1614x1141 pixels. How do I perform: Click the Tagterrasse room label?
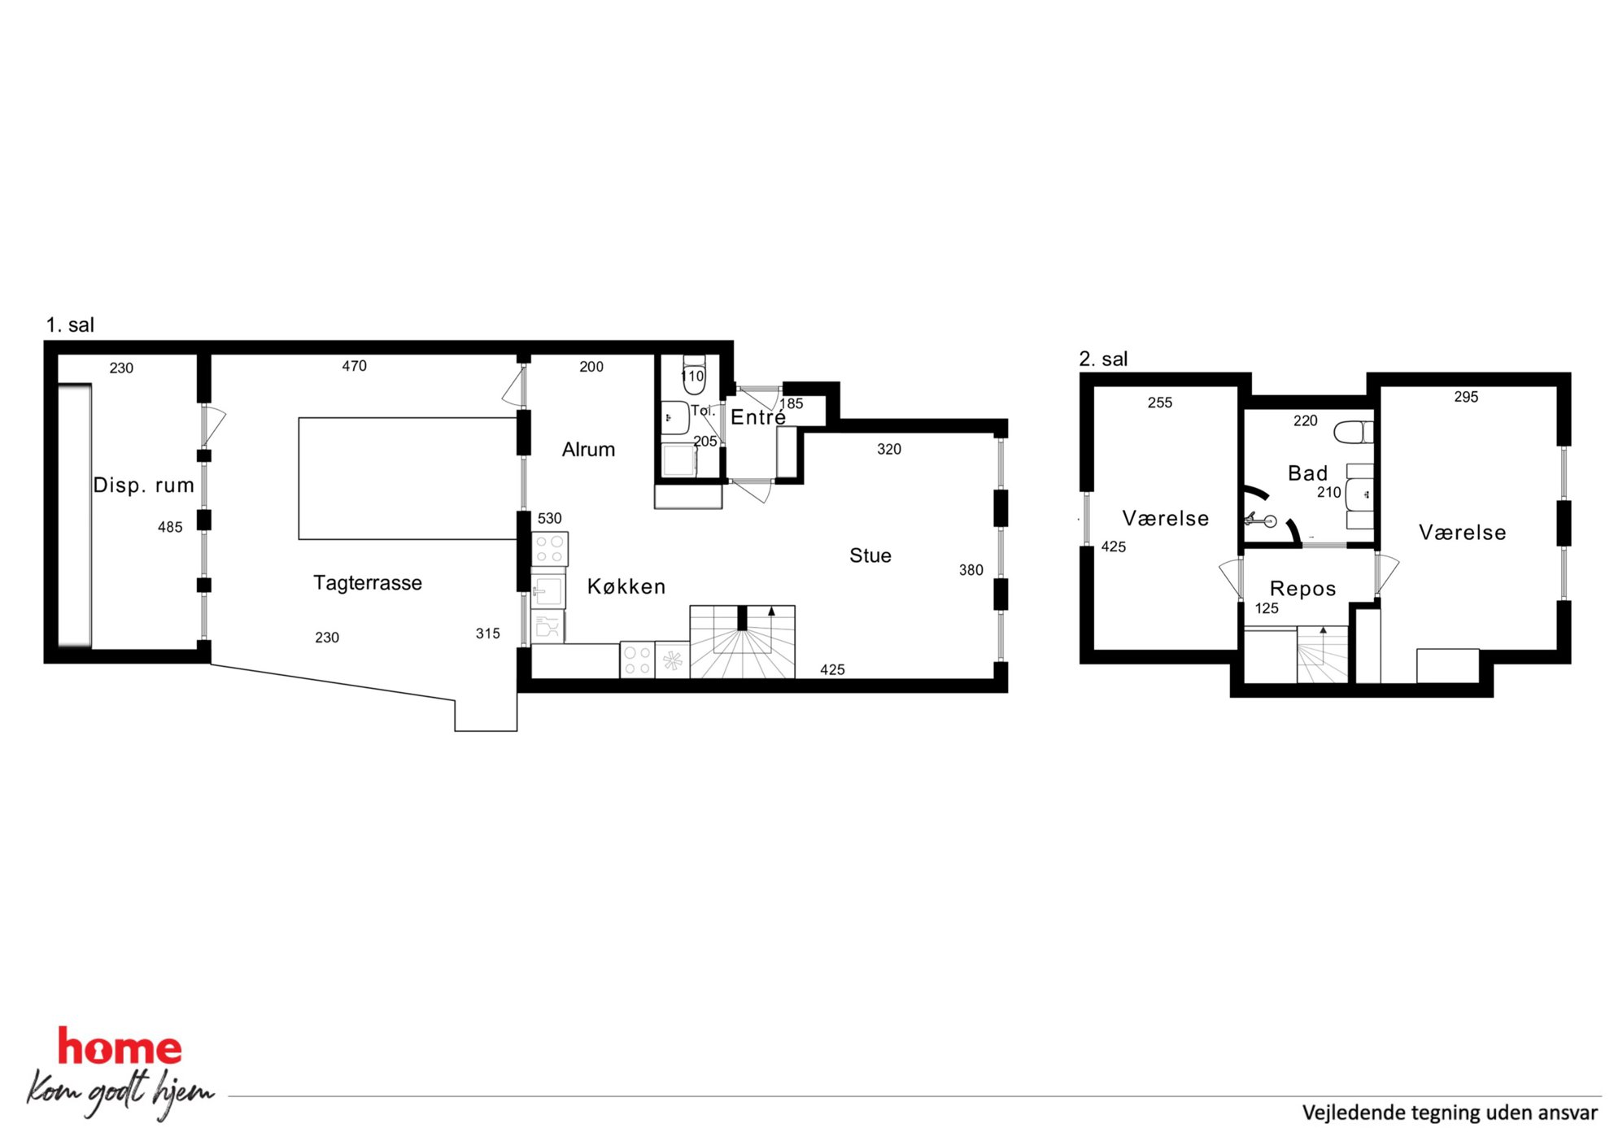coord(368,583)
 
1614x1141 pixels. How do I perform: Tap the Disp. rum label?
coord(144,486)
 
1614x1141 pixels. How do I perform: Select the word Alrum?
coord(588,450)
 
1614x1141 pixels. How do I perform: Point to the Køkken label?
coord(626,586)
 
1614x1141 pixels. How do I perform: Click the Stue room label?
coord(870,555)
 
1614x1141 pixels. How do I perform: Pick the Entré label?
coord(758,417)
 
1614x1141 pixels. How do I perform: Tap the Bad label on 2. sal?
coord(1307,473)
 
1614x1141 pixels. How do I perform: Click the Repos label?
coord(1302,589)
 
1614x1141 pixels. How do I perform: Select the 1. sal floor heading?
coord(70,325)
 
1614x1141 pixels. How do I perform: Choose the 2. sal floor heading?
coord(1103,359)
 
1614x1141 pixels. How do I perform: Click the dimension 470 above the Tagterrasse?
coord(354,367)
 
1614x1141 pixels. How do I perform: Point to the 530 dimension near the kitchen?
coord(549,519)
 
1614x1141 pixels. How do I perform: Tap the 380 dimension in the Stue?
coord(971,570)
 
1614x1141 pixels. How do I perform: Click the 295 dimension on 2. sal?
coord(1466,397)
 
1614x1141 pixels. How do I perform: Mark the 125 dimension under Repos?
coord(1267,608)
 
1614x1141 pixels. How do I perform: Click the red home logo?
coord(120,1047)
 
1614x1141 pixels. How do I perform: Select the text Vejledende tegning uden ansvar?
coord(1450,1113)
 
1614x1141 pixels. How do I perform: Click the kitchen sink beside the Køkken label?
coord(547,591)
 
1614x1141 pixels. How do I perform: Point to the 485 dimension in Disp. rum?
coord(170,527)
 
